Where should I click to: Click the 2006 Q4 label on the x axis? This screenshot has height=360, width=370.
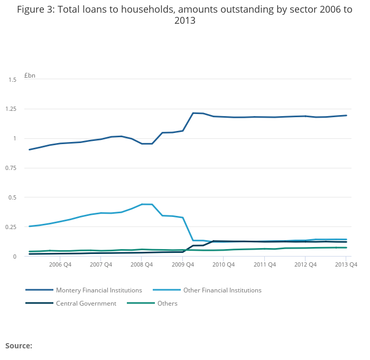pyautogui.click(x=60, y=265)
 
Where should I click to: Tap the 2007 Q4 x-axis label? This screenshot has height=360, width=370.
pyautogui.click(x=100, y=265)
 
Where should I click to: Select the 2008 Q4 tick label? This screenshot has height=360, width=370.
pyautogui.click(x=141, y=265)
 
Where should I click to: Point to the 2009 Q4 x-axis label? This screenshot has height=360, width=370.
pyautogui.click(x=182, y=265)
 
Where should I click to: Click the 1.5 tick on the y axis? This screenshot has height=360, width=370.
pyautogui.click(x=13, y=80)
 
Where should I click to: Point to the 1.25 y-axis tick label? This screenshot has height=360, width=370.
pyautogui.click(x=11, y=109)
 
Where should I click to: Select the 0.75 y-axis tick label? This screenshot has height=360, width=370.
pyautogui.click(x=11, y=168)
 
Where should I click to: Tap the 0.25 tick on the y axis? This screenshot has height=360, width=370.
pyautogui.click(x=11, y=227)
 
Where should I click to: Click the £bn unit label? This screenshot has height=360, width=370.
pyautogui.click(x=30, y=75)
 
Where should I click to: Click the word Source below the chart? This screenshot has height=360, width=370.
pyautogui.click(x=18, y=346)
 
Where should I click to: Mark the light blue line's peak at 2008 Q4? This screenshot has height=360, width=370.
pyautogui.click(x=142, y=204)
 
